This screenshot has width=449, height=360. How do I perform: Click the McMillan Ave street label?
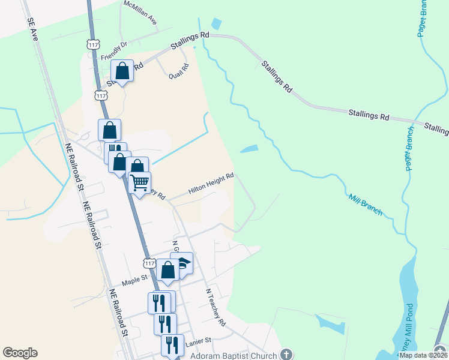click(140, 13)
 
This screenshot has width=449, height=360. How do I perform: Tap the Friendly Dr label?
click(115, 51)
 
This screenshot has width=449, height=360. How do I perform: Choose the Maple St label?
click(134, 279)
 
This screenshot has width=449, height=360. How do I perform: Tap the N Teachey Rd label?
click(215, 307)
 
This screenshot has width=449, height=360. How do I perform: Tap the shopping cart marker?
click(139, 182)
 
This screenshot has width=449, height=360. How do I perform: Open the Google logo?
click(20, 353)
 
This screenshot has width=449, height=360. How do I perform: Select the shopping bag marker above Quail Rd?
click(122, 71)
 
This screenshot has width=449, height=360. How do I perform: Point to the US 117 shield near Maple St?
click(150, 263)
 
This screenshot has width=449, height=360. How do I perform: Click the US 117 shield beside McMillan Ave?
click(92, 45)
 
